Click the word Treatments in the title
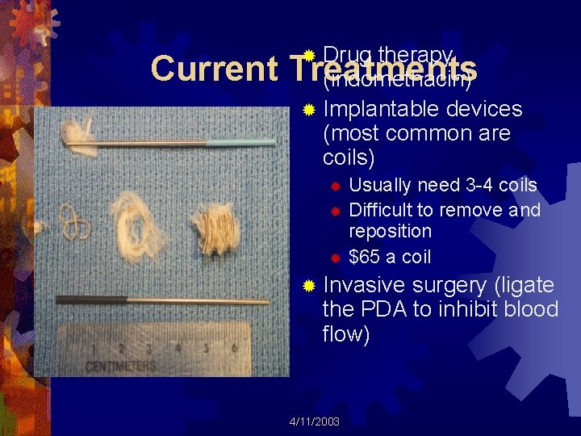click(x=387, y=69)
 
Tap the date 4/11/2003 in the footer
click(x=315, y=421)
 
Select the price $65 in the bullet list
click(x=365, y=257)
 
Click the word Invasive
click(x=364, y=285)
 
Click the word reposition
click(x=390, y=231)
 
